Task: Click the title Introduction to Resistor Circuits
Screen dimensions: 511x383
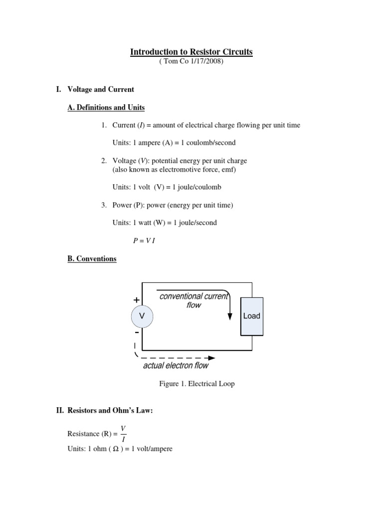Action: click(x=191, y=52)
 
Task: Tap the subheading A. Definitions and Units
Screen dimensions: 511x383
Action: click(x=106, y=107)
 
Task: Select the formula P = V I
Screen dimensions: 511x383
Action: click(x=144, y=241)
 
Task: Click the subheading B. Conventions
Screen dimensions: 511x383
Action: click(x=92, y=258)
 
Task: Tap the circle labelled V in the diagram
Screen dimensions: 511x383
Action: click(x=142, y=316)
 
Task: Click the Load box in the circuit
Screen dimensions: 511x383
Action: click(x=251, y=316)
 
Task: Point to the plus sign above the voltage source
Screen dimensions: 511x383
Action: click(x=136, y=300)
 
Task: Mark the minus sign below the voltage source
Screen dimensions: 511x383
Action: click(x=136, y=332)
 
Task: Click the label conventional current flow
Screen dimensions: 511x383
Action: click(x=193, y=300)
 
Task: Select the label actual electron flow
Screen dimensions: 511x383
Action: click(x=176, y=366)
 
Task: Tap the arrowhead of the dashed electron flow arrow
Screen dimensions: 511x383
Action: click(x=212, y=358)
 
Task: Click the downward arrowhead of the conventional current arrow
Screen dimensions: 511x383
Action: click(x=230, y=317)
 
